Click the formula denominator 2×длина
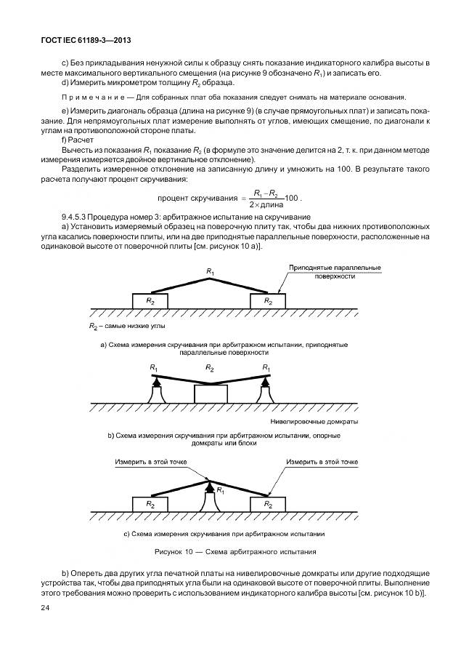[264, 203]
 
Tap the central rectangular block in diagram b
[211, 393]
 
